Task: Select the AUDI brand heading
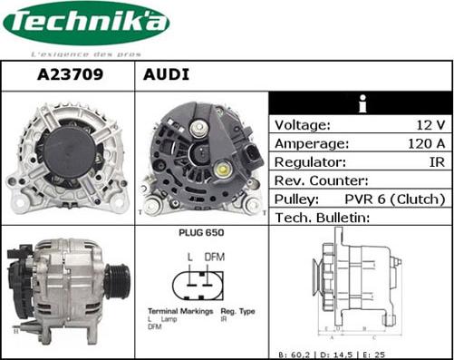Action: click(167, 74)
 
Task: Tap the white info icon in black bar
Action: click(361, 103)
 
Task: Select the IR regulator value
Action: click(436, 162)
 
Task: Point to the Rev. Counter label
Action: click(321, 180)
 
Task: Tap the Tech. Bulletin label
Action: click(323, 218)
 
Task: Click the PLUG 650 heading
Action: click(201, 233)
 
